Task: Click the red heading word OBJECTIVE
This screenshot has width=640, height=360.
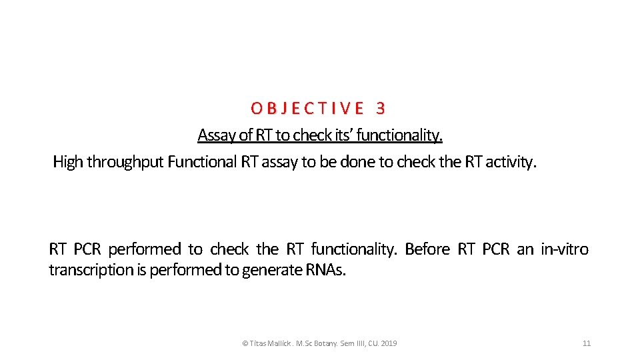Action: coord(307,108)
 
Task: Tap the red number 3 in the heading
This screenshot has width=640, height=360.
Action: coord(381,108)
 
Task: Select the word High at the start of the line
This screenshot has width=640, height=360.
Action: coord(68,161)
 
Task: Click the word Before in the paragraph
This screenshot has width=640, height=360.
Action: coord(427,249)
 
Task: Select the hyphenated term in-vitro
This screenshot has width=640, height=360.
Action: coord(565,249)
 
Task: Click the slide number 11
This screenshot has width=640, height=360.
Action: coord(587,343)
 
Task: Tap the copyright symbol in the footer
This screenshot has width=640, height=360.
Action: coord(245,343)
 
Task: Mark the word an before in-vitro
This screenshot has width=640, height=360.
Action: coord(525,249)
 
